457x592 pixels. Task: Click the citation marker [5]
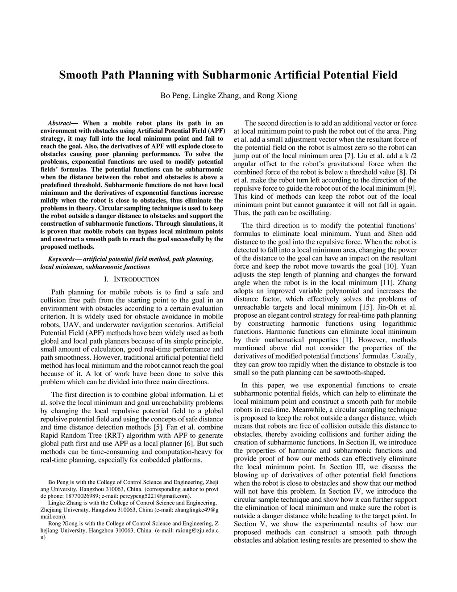click(x=158, y=427)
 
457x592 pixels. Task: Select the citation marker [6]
click(x=189, y=444)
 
